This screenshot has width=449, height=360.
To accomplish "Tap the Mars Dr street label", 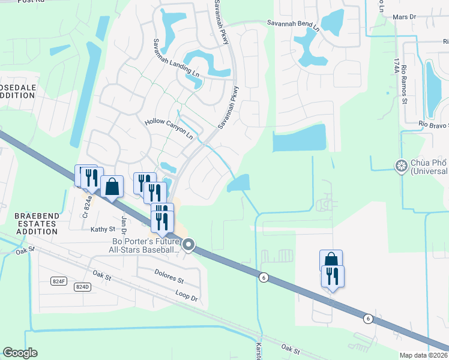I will point(403,18).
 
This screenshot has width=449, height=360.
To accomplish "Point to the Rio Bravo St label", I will point(433,125).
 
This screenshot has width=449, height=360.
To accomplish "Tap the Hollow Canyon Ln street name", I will point(169,128).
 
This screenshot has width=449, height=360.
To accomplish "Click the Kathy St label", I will point(103,229).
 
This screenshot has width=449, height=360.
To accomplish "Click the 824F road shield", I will point(58,280).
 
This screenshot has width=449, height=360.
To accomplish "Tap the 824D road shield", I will point(82,287).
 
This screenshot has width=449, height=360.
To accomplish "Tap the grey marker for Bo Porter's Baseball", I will point(189,244).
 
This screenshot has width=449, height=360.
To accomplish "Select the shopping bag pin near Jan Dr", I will point(112,186).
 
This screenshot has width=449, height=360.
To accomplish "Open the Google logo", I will point(20,353).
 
